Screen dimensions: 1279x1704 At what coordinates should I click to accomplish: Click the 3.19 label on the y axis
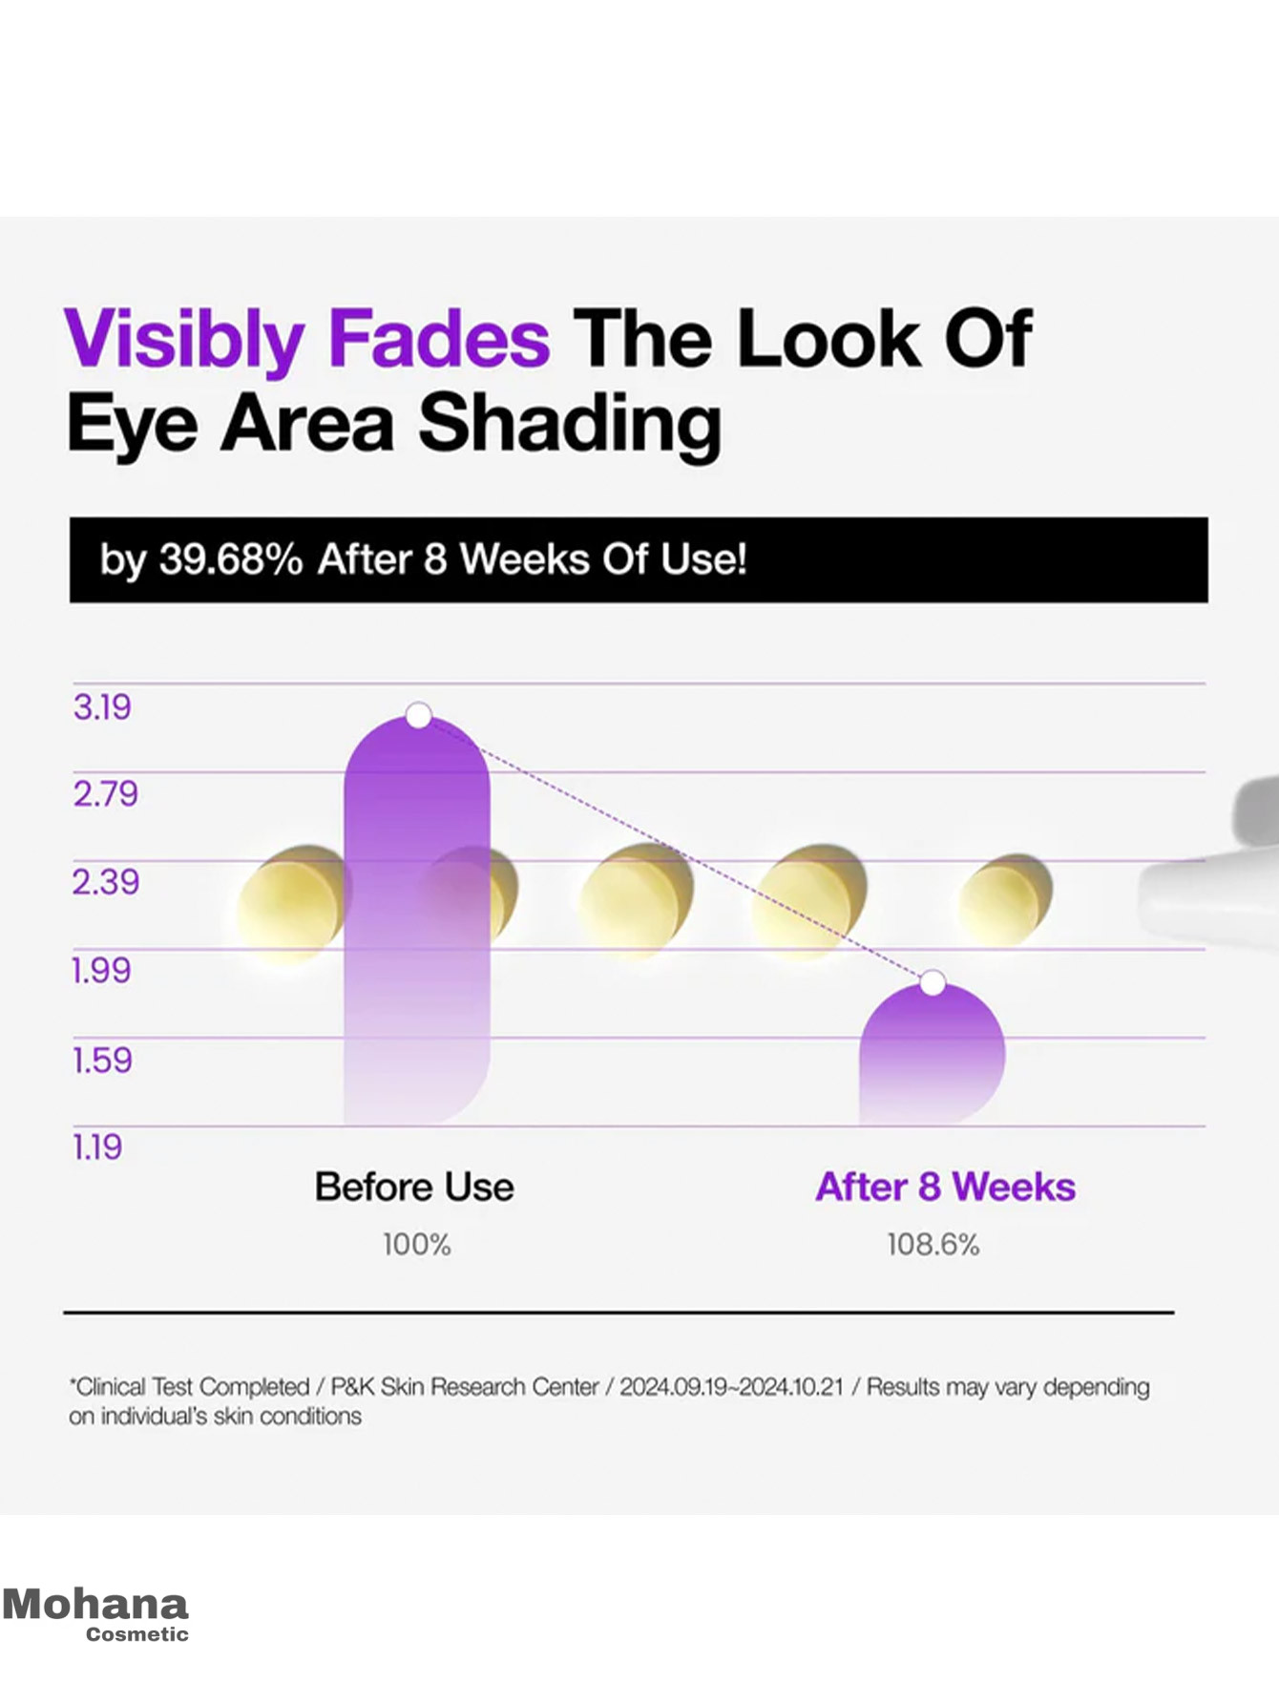(102, 707)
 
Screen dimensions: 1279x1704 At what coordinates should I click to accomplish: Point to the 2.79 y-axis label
(106, 794)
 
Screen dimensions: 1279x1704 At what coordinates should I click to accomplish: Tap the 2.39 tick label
(106, 882)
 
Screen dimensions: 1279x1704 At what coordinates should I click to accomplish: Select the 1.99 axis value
(102, 971)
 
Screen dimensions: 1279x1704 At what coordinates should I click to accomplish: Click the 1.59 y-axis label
(102, 1060)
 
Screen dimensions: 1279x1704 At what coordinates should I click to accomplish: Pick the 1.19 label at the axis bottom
(97, 1147)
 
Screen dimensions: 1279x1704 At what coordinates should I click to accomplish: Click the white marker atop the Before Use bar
(418, 715)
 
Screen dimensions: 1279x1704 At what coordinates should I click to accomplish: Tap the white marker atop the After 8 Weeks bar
(933, 982)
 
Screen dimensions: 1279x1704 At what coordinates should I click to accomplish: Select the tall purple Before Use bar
(417, 920)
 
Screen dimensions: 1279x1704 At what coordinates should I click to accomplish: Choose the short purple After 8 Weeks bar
(932, 1054)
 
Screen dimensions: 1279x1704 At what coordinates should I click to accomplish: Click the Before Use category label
(414, 1188)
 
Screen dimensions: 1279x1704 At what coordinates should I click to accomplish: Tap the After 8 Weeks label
(945, 1188)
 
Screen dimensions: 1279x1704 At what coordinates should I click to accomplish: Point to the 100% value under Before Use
(416, 1245)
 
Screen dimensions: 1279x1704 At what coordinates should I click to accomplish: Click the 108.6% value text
(933, 1245)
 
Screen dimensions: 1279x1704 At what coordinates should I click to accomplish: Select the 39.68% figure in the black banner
(231, 559)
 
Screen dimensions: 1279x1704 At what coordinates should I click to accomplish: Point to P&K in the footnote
(352, 1387)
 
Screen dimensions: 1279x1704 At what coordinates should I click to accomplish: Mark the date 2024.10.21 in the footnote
(791, 1387)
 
